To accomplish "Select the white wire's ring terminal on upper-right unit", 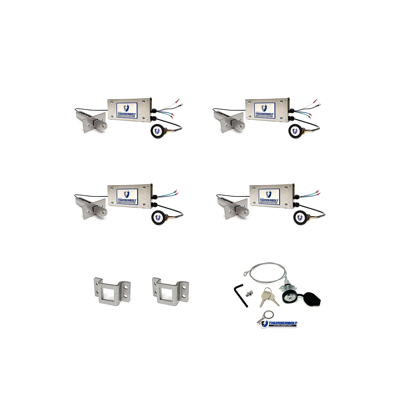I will (315, 101).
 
